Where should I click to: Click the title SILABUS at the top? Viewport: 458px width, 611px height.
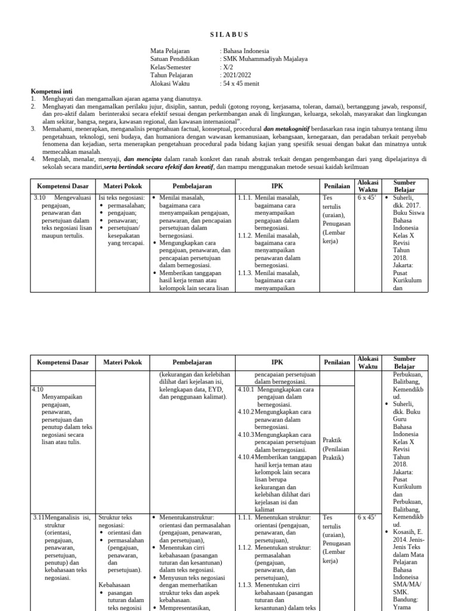(x=229, y=35)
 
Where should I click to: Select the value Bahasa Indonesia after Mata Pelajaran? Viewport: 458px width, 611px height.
(x=246, y=51)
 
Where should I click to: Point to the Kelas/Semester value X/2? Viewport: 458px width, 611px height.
(x=227, y=67)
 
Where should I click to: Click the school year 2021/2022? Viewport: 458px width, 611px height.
(x=236, y=76)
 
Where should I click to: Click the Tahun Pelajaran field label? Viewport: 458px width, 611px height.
(x=171, y=76)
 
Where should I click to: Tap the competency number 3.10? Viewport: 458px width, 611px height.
(x=39, y=198)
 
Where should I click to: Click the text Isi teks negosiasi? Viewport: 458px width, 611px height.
(x=122, y=198)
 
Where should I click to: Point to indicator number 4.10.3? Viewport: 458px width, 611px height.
(x=246, y=434)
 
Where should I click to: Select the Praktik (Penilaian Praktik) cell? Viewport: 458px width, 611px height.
(x=335, y=449)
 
